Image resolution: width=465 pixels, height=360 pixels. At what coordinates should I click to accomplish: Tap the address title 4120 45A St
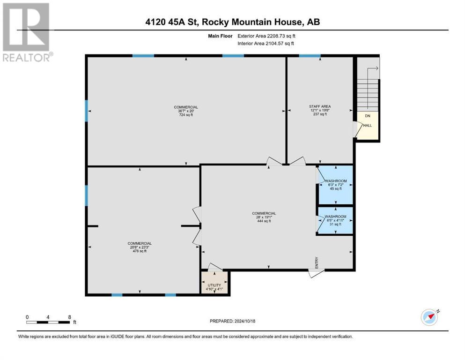click(171, 22)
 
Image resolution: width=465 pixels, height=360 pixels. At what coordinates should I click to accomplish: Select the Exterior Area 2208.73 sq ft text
click(266, 36)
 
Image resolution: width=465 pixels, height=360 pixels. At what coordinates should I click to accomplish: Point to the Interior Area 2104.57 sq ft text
click(266, 43)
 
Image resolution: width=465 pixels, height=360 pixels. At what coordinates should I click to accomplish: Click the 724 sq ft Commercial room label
click(186, 111)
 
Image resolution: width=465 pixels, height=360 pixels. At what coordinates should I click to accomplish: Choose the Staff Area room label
click(320, 110)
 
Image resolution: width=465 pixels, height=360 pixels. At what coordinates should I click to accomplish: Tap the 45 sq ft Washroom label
click(336, 185)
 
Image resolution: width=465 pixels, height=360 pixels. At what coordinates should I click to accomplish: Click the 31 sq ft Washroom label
click(335, 220)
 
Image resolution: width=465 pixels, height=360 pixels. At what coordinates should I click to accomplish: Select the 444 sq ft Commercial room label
click(264, 217)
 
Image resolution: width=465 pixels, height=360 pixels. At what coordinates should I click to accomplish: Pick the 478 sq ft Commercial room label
click(140, 247)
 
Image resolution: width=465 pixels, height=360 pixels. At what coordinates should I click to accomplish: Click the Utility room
click(214, 282)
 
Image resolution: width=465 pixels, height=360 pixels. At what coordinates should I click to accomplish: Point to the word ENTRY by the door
click(317, 262)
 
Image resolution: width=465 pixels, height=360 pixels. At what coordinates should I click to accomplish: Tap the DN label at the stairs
click(368, 116)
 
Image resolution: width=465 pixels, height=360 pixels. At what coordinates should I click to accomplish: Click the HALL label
click(368, 125)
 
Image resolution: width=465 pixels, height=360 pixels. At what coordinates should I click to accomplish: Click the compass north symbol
click(429, 317)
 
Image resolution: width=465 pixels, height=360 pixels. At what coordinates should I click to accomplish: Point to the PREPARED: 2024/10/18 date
click(232, 321)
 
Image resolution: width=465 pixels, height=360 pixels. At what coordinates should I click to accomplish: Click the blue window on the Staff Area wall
click(310, 55)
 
